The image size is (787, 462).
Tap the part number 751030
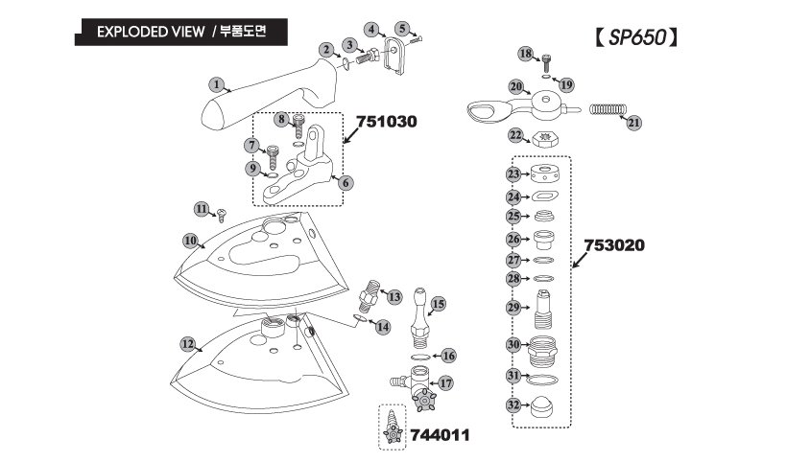click(x=387, y=123)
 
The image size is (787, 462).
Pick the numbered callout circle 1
click(x=216, y=84)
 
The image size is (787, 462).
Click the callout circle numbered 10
click(x=191, y=240)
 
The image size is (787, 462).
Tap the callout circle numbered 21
click(x=633, y=123)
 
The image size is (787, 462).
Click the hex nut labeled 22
click(x=542, y=137)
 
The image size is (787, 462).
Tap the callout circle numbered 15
click(x=439, y=304)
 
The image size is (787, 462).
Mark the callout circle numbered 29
click(x=513, y=308)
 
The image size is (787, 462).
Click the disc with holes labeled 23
click(x=544, y=173)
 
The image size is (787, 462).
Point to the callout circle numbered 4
click(x=371, y=30)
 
